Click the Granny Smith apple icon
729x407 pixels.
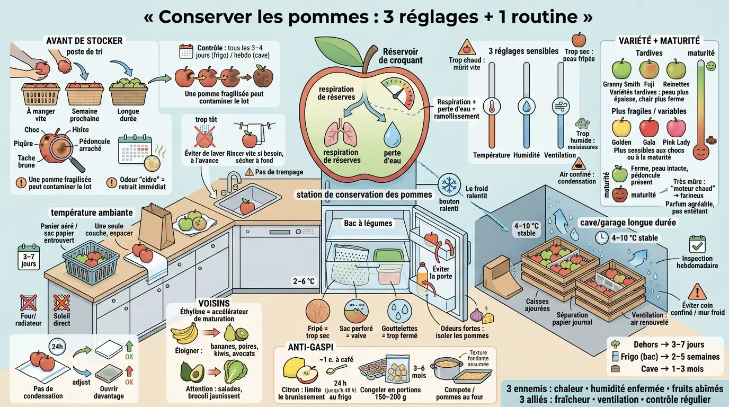click(621, 69)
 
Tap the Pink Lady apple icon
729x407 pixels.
click(675, 128)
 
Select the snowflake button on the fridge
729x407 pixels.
click(449, 185)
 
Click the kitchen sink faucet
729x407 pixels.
click(234, 182)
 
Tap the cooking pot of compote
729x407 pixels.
click(447, 368)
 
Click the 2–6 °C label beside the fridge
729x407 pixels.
click(304, 281)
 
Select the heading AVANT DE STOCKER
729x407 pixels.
click(84, 41)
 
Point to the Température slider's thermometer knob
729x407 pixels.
click(491, 105)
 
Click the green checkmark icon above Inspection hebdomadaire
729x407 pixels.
click(697, 244)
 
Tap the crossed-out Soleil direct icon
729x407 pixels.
click(62, 303)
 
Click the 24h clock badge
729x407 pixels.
click(57, 347)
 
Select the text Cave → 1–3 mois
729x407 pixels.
click(672, 369)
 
